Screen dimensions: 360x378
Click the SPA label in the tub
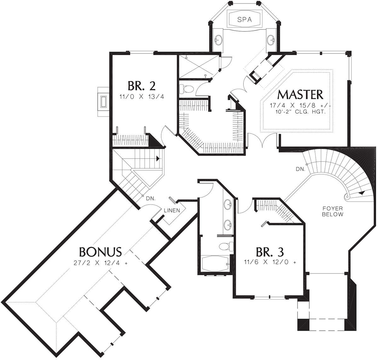click(x=244, y=20)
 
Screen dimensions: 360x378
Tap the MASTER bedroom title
click(x=301, y=94)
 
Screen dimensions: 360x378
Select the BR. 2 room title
click(x=141, y=85)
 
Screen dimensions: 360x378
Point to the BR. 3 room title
click(x=270, y=252)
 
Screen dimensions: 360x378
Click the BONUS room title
click(x=100, y=252)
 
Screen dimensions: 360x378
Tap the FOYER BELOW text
click(x=332, y=211)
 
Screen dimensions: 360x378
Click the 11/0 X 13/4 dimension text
click(x=141, y=97)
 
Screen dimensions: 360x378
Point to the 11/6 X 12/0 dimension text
click(x=270, y=262)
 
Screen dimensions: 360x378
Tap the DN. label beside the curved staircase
click(x=301, y=169)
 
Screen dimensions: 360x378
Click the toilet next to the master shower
click(x=184, y=89)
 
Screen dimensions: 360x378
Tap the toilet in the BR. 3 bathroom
click(x=225, y=246)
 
